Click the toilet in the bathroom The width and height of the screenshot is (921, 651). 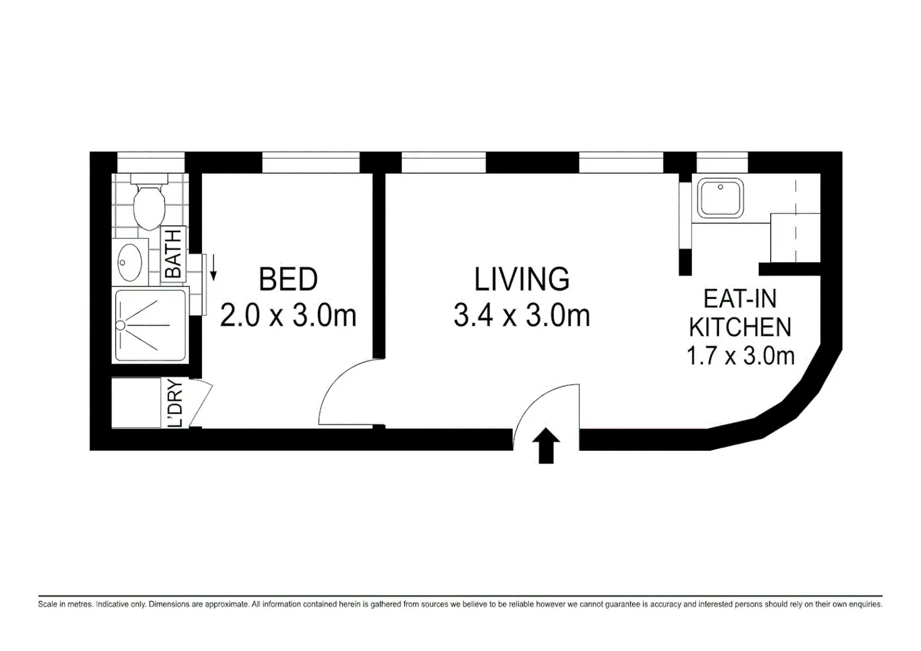[x=150, y=201]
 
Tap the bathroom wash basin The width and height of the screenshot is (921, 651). [x=130, y=262]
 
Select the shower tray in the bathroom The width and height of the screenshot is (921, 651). [x=151, y=325]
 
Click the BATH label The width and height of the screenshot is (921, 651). [x=173, y=254]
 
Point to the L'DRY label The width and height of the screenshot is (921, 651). [x=176, y=403]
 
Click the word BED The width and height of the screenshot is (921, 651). [x=288, y=279]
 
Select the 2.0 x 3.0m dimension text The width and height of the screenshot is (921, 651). [x=288, y=316]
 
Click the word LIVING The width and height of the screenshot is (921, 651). [x=522, y=279]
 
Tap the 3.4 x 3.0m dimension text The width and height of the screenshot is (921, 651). [x=522, y=316]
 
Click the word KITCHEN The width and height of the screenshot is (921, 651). [x=740, y=327]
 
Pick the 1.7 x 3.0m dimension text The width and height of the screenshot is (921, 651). [x=741, y=356]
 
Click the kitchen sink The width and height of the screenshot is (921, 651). [x=720, y=198]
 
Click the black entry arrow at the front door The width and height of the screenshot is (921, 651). [x=546, y=445]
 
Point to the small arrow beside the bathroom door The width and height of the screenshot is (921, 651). [x=213, y=268]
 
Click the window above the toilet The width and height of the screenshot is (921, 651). [x=151, y=163]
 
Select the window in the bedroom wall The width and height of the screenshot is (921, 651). [x=311, y=163]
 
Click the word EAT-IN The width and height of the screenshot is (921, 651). [x=740, y=299]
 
